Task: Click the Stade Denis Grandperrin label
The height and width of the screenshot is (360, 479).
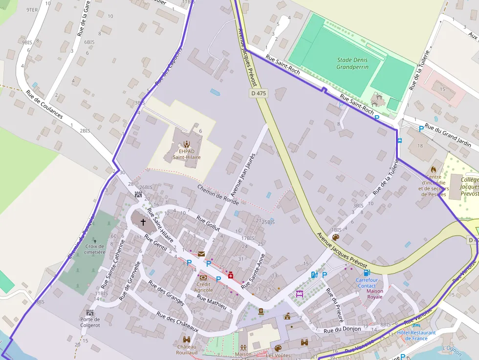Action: pos(352,64)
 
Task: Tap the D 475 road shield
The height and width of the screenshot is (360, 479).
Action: pos(259,93)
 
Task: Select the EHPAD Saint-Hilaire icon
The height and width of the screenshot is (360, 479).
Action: pos(186,144)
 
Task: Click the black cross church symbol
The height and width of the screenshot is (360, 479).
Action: pos(143,222)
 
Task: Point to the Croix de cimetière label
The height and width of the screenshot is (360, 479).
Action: pos(95,250)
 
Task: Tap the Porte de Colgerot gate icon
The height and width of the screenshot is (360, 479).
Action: pos(90,312)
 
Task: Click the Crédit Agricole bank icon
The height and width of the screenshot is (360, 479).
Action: pos(203,277)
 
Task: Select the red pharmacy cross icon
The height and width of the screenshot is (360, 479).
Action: pos(231,275)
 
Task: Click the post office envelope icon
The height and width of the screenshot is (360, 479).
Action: pos(201,254)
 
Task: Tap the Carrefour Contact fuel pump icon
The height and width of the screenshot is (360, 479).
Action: pos(367,273)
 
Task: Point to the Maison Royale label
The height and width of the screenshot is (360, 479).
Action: pos(375,294)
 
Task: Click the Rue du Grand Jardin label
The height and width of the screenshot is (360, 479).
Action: pos(448,135)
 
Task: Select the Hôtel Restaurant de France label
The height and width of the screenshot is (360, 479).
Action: pos(416,336)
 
